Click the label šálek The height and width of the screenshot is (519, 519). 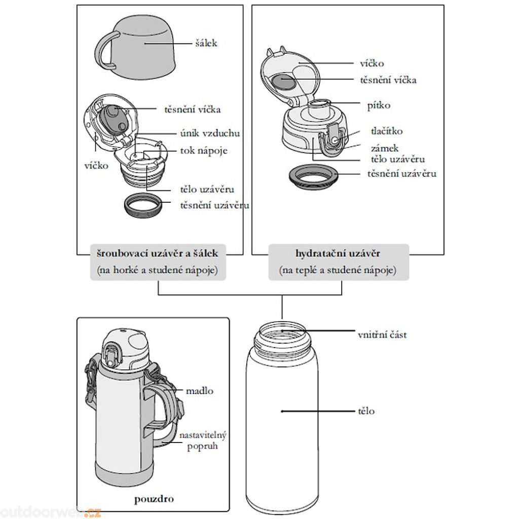[206, 43]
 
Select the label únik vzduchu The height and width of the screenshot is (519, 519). [210, 133]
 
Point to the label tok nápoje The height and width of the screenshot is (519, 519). [204, 151]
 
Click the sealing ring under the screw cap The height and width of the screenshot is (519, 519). [144, 206]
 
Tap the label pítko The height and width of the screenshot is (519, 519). [379, 105]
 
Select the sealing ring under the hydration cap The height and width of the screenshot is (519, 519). [314, 178]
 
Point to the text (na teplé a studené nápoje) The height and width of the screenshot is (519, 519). [338, 270]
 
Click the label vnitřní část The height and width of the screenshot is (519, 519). [382, 335]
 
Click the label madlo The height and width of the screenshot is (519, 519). [199, 391]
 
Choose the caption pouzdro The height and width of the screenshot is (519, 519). [154, 499]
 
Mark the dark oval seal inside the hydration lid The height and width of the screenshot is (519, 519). [282, 81]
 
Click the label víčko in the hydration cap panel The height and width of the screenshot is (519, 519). [372, 63]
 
